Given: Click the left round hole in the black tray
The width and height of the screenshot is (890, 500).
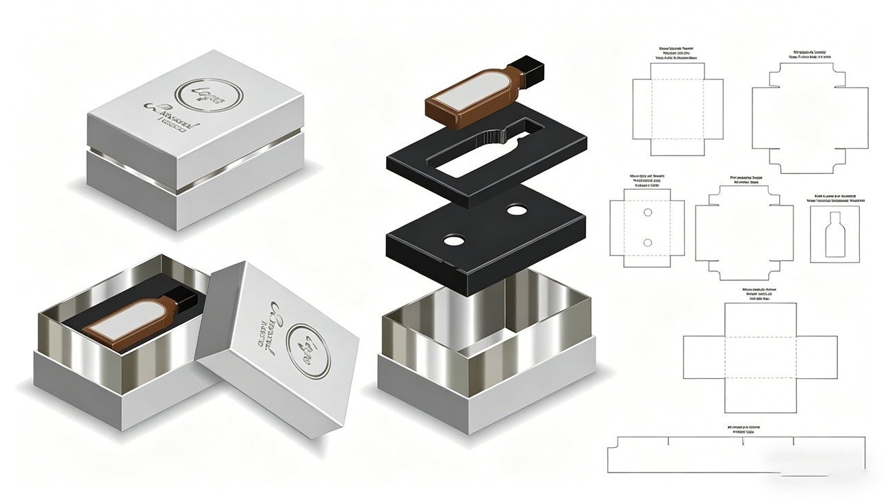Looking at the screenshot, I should tap(453, 240).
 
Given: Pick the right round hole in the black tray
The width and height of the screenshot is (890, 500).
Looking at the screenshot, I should tap(516, 211).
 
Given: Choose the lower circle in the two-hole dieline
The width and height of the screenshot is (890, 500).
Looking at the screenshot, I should tap(648, 242).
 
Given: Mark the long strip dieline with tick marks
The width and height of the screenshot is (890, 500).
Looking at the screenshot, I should tap(736, 455).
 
